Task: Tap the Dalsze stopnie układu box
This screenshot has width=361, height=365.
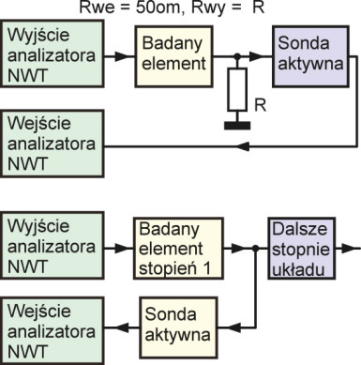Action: (298, 249)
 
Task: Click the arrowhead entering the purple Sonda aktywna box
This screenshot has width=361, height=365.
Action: (268, 57)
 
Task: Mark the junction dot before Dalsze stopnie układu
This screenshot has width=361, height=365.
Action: (254, 250)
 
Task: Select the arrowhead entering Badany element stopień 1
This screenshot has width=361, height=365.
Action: (128, 250)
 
